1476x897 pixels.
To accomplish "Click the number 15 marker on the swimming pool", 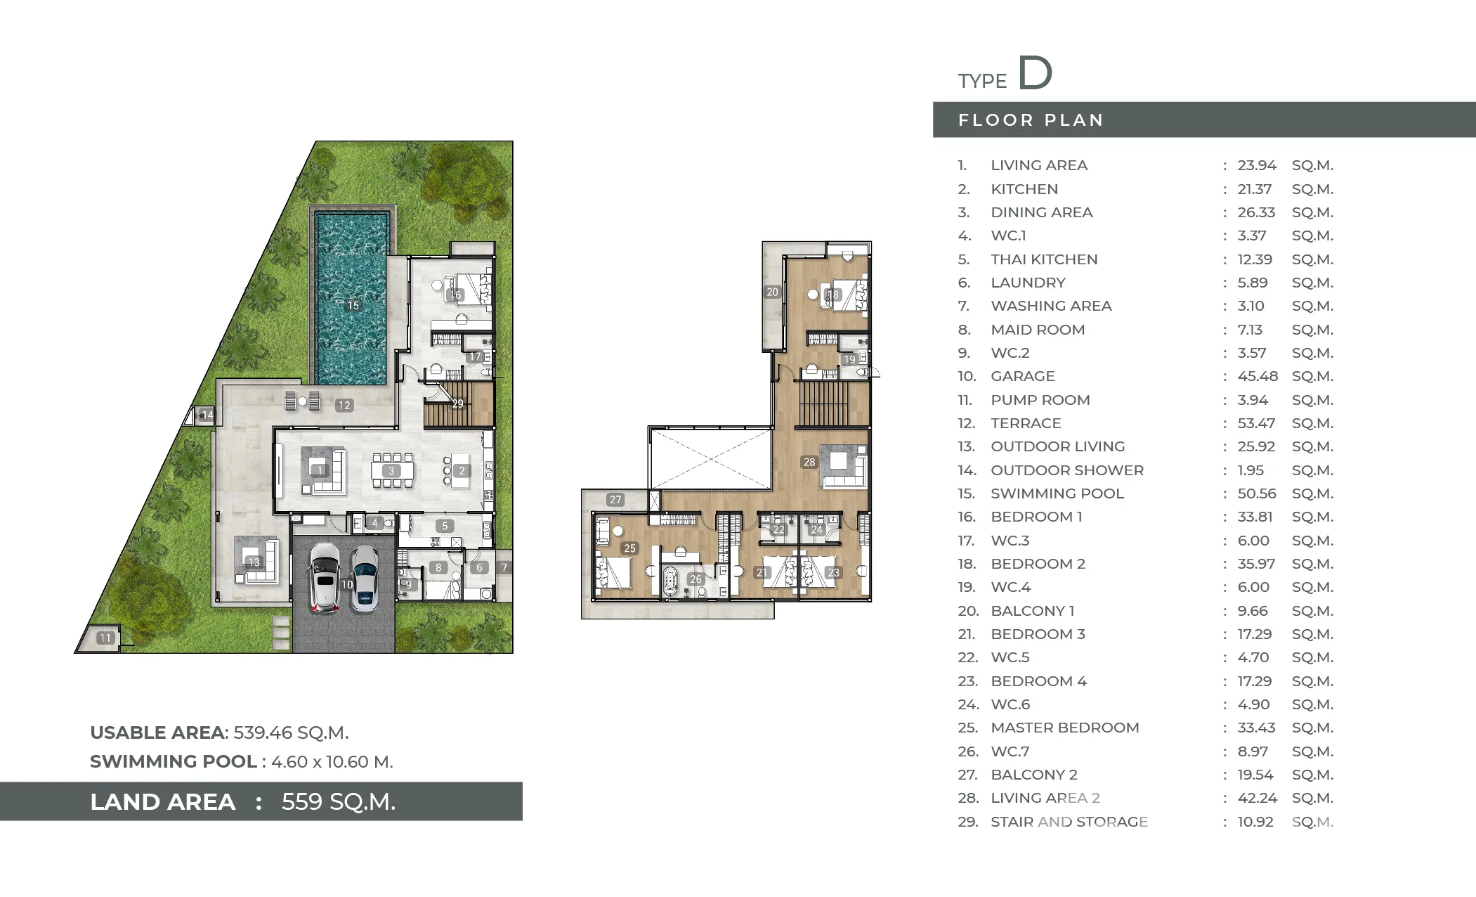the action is [x=353, y=306].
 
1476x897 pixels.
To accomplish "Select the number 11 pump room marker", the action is [x=105, y=638].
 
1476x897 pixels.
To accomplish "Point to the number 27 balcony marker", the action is [x=615, y=500].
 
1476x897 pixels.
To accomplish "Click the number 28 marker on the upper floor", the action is [x=809, y=462].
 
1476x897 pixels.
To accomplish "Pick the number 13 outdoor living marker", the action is [x=254, y=562].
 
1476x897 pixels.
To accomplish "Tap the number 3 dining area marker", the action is [x=391, y=471].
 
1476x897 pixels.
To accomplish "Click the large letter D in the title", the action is [x=1036, y=73].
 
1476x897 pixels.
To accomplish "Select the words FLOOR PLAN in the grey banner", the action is [x=1031, y=120].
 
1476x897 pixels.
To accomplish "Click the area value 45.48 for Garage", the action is [x=1258, y=376].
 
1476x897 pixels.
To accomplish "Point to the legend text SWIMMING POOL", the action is [x=1057, y=493].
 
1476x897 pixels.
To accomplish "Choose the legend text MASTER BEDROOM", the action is [x=1065, y=728].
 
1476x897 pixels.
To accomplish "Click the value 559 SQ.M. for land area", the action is [x=339, y=801].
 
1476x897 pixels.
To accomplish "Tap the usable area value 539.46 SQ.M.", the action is [x=291, y=733].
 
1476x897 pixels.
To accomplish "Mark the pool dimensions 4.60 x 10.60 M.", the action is [x=332, y=761].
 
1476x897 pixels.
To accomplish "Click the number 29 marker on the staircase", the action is [x=457, y=404].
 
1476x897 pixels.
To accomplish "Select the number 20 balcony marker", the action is [x=772, y=292].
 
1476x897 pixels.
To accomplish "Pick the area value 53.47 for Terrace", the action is [x=1257, y=423].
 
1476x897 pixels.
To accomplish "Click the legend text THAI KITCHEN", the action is [x=1044, y=259].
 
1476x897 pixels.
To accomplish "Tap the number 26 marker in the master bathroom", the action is [x=695, y=579].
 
